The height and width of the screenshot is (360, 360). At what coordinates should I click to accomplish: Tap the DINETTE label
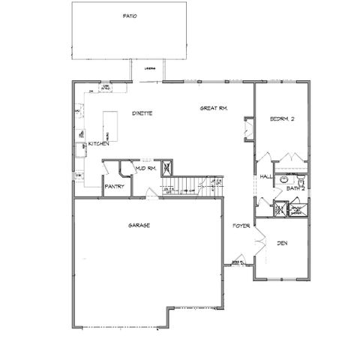tap(142, 113)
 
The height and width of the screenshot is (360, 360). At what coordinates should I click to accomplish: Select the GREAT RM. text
tap(214, 109)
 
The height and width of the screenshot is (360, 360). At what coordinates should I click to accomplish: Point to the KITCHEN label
tap(100, 143)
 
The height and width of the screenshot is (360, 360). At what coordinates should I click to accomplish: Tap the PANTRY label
tap(114, 186)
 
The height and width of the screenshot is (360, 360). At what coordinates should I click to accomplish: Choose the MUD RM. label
tap(145, 168)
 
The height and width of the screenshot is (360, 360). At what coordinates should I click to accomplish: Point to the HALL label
tap(265, 176)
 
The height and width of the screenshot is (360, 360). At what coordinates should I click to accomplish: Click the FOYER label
tap(241, 225)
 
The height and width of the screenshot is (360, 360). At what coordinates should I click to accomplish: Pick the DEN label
tap(282, 243)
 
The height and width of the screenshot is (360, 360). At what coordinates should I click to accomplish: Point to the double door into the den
tap(256, 244)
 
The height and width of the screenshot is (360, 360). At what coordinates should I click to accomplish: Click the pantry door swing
tap(109, 170)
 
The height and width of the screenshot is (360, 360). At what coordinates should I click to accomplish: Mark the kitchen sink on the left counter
tap(79, 135)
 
